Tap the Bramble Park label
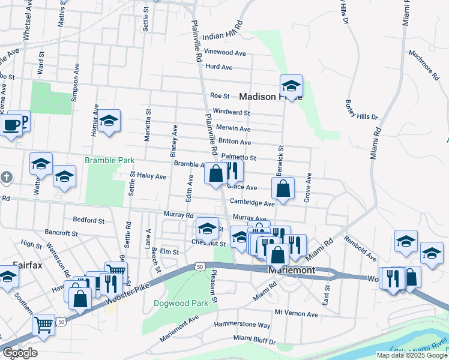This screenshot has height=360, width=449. pyautogui.click(x=109, y=161)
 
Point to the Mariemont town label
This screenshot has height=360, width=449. pyautogui.click(x=292, y=271)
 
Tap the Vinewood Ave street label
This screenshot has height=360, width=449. pyautogui.click(x=225, y=53)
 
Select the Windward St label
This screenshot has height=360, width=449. pyautogui.click(x=231, y=112)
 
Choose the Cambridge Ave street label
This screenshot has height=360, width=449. pyautogui.click(x=251, y=203)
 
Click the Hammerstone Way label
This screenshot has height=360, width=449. pyautogui.click(x=243, y=325)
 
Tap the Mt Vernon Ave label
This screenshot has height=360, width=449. pyautogui.click(x=296, y=313)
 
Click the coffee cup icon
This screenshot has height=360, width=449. pyautogui.click(x=11, y=125)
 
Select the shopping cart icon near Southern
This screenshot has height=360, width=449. pyautogui.click(x=43, y=324)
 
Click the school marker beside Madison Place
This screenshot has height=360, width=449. pyautogui.click(x=291, y=86)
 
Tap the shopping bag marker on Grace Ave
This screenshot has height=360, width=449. pyautogui.click(x=283, y=188)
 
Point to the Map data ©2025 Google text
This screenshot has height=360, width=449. pyautogui.click(x=412, y=355)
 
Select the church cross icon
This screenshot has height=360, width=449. pyautogui.click(x=6, y=178)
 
